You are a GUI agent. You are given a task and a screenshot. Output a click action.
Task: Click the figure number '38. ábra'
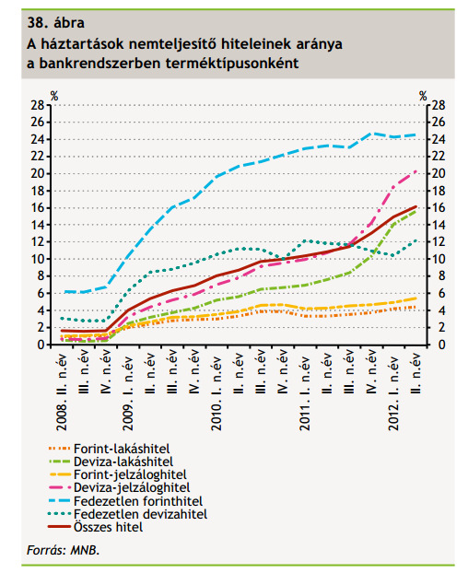pos(55,23)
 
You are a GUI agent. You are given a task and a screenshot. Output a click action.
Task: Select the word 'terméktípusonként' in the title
pos(232,64)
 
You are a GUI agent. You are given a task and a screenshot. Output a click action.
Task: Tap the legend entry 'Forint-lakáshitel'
pos(122,449)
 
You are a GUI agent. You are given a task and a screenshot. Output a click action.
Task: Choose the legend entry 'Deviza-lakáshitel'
pos(123,462)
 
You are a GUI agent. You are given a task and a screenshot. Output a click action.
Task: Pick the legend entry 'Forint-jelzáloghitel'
pos(130,474)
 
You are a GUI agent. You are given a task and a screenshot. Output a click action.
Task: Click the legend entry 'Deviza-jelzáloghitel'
pos(132,487)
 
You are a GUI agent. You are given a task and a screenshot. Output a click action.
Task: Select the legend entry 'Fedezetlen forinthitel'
pos(138,501)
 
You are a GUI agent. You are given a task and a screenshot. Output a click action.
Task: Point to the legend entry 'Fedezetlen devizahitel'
pos(140,514)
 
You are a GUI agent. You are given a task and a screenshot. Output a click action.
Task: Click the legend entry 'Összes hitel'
pos(108,527)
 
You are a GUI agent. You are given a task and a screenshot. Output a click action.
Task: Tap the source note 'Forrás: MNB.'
pos(64,550)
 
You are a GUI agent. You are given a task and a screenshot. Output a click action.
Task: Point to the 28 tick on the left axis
pos(37,105)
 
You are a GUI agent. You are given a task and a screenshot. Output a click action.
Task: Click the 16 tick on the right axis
pos(439,207)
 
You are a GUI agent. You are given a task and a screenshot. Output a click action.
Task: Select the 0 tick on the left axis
pos(41,345)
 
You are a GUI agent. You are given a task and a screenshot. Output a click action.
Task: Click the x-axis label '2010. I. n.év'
pos(216,392)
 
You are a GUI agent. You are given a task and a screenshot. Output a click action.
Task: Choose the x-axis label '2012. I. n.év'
pos(393,392)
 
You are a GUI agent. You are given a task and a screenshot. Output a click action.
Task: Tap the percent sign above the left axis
pos(54,96)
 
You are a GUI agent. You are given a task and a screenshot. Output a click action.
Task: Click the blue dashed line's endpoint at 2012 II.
pos(415,134)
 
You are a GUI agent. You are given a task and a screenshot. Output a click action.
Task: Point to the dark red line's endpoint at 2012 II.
pos(415,207)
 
